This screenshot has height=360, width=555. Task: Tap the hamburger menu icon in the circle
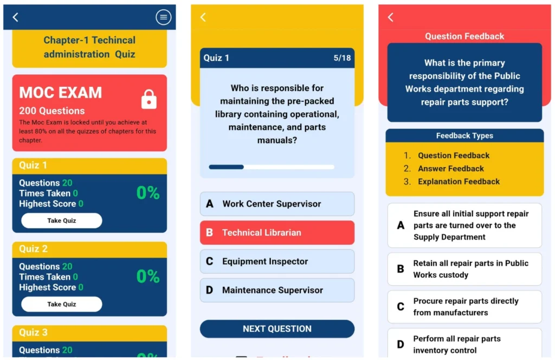click(163, 17)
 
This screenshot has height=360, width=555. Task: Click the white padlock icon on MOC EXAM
click(149, 99)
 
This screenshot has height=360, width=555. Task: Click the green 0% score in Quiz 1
click(147, 193)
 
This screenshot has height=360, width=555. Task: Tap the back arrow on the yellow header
click(203, 17)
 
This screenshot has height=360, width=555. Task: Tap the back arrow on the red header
click(390, 17)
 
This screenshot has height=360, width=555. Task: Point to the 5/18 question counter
click(342, 58)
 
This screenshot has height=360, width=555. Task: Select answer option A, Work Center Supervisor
click(277, 204)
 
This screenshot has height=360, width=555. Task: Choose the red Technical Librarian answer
click(277, 233)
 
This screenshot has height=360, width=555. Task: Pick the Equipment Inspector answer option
click(277, 261)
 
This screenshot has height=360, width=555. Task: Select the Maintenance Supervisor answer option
click(277, 290)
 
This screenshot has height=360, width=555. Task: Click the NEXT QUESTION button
click(277, 329)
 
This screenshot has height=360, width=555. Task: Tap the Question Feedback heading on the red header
click(464, 36)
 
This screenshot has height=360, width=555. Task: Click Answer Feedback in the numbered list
click(450, 169)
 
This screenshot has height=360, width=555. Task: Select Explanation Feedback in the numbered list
click(459, 182)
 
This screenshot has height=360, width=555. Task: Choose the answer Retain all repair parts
click(464, 269)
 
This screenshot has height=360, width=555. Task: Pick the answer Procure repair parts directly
click(464, 307)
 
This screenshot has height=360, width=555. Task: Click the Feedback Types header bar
click(464, 136)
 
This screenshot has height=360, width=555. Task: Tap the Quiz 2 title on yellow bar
click(34, 249)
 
